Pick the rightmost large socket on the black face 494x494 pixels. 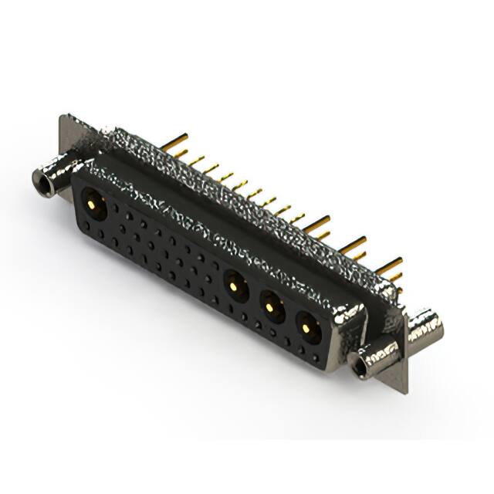point(307,328)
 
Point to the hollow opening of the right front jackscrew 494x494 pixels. point(360,367)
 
